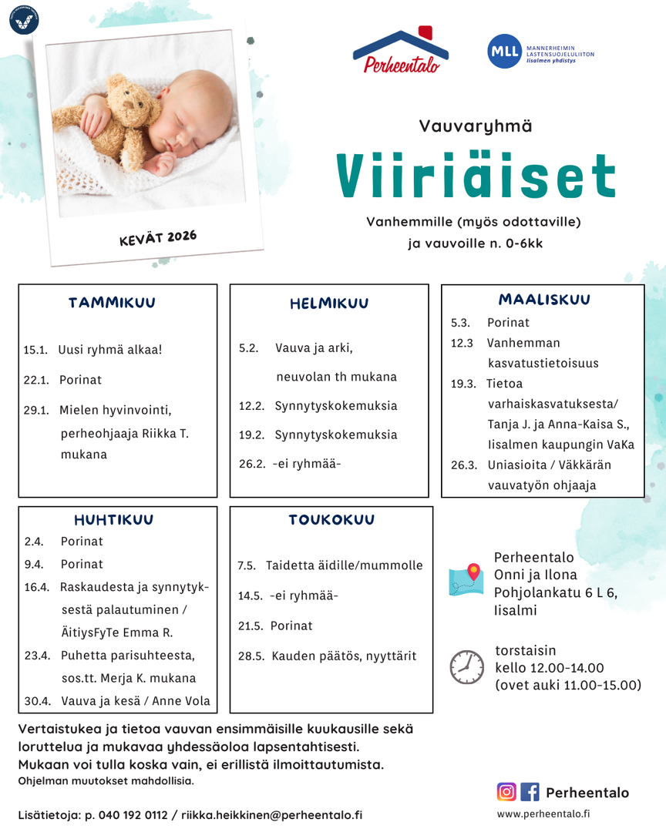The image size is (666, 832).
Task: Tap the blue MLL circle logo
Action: click(499, 52)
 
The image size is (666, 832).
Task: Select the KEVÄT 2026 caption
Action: click(158, 238)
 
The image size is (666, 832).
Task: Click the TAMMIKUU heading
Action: click(112, 304)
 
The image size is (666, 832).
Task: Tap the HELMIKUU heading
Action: click(329, 304)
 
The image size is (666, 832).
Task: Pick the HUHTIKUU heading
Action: click(113, 520)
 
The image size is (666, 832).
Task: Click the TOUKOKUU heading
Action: click(331, 520)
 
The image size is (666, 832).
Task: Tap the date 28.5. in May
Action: click(251, 656)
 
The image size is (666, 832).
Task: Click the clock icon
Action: click(466, 666)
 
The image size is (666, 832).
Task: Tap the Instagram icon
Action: click(506, 792)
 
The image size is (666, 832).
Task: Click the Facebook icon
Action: click(530, 792)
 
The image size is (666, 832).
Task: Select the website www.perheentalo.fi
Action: click(543, 814)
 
